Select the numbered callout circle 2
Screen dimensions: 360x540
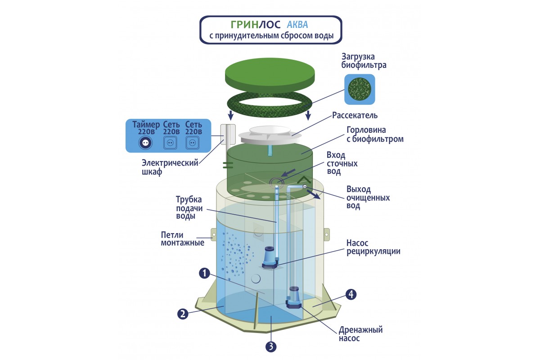pyautogui.click(x=182, y=314)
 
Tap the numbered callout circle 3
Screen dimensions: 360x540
pyautogui.click(x=271, y=346)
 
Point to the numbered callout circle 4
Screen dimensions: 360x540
pyautogui.click(x=351, y=294)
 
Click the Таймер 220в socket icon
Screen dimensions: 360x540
pyautogui.click(x=145, y=142)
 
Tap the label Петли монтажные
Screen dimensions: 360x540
pyautogui.click(x=182, y=238)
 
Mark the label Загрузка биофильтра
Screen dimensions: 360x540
pyautogui.click(x=364, y=61)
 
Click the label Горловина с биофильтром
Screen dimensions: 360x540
pyautogui.click(x=374, y=135)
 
